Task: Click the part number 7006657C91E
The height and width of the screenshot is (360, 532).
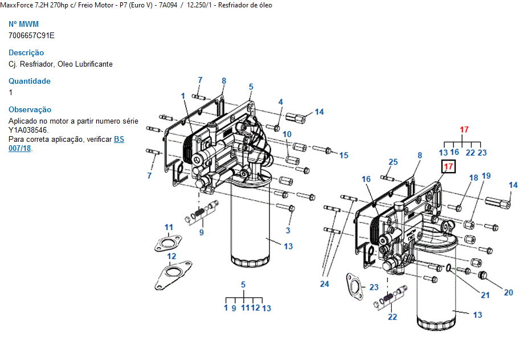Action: click(x=31, y=35)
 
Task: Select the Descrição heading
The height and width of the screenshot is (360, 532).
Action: click(x=26, y=53)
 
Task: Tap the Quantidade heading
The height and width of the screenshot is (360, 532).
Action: click(x=30, y=81)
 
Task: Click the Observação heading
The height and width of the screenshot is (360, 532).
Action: click(x=30, y=110)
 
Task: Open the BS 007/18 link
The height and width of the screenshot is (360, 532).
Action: click(x=118, y=139)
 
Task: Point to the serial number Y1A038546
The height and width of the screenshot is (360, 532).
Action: click(x=32, y=130)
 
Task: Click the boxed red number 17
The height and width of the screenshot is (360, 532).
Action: click(x=448, y=167)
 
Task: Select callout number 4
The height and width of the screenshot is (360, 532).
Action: click(x=280, y=102)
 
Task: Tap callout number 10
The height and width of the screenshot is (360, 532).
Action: click(x=287, y=134)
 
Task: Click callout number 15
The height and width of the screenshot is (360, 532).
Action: click(x=343, y=155)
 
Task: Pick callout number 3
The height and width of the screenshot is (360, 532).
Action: click(x=288, y=230)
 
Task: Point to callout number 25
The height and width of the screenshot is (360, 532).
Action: click(x=393, y=162)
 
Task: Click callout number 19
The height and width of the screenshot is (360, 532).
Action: click(x=486, y=175)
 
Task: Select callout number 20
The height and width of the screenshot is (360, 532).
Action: click(x=508, y=292)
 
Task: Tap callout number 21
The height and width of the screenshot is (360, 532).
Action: click(x=485, y=295)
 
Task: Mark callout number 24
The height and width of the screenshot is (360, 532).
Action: click(x=325, y=284)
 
